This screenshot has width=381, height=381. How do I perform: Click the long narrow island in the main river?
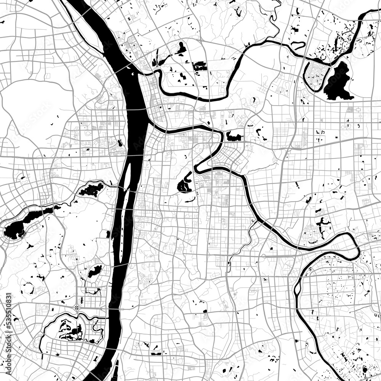tap(125, 229)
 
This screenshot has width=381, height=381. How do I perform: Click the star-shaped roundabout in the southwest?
tap(77, 307)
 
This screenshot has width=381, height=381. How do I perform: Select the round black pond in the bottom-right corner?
tap(365, 369)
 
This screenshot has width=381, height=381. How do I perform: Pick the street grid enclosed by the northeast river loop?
tap(315, 76)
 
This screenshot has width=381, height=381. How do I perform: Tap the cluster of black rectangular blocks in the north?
tap(200, 67)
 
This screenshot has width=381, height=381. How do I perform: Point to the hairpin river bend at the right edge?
tap(357, 250)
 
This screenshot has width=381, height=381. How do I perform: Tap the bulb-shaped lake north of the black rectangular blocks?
tap(182, 48)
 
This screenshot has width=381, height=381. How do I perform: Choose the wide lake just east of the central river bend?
tap(234, 136)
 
